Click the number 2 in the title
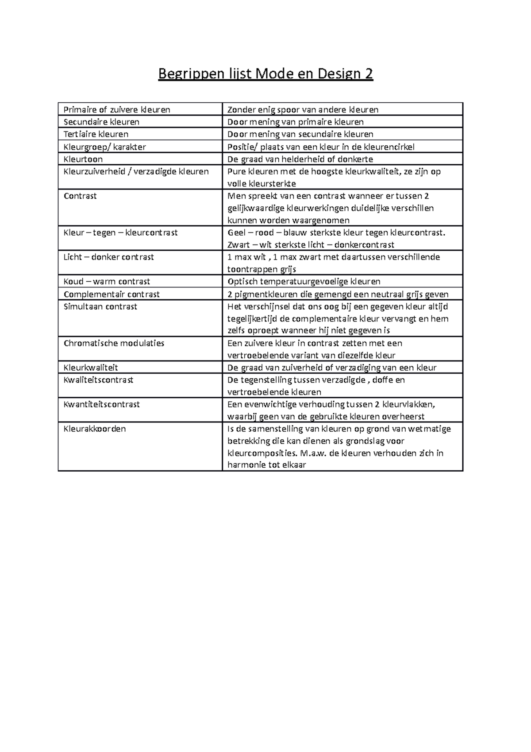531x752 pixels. pos(369,74)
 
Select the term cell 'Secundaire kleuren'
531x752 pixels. pos(101,122)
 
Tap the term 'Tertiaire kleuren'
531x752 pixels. pos(96,134)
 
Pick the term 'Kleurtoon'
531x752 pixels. pos(83,159)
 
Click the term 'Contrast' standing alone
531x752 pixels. pos(80,196)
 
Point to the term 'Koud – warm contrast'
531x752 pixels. pos(107,281)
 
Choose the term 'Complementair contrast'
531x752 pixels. pos(112,294)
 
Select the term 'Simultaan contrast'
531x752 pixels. pos(100,306)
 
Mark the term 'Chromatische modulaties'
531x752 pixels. pos(114,343)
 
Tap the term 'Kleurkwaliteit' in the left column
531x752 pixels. pos(91,368)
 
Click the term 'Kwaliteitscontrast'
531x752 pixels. pos(98,380)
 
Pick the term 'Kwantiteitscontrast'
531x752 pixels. pos(102,404)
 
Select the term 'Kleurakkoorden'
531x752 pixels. pos(95,429)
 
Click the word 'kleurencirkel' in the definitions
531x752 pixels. pos(389,147)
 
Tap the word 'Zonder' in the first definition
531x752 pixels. pos(242,109)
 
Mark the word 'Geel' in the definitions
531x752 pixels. pos(236,233)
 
